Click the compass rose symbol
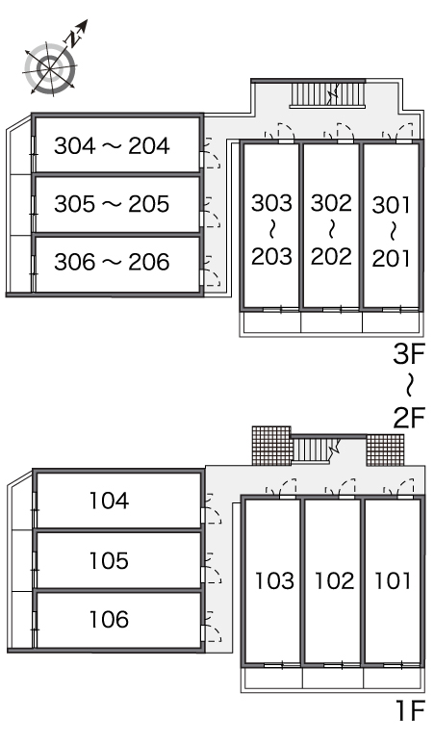(50, 69)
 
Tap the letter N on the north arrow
(72, 39)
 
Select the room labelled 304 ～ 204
(117, 145)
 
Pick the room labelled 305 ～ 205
(117, 204)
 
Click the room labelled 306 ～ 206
(117, 263)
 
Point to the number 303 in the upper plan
(271, 203)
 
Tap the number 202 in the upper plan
(331, 256)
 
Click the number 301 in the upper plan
(391, 205)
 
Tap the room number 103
(274, 580)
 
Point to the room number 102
(334, 580)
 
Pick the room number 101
(393, 580)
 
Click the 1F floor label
(409, 710)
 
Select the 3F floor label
(408, 354)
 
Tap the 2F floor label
(408, 418)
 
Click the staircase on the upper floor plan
(327, 94)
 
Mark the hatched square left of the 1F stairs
(271, 446)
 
